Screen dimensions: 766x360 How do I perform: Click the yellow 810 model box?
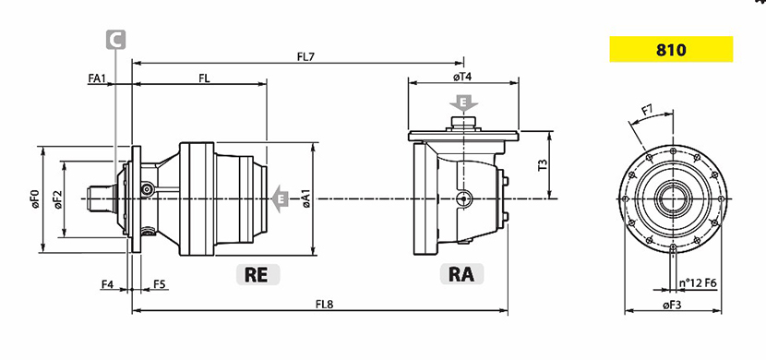671,49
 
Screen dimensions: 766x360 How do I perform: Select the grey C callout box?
115,40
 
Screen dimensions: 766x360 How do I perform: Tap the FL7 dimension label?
305,56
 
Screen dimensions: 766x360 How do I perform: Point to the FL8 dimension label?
324,304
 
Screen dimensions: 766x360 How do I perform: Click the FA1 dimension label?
97,78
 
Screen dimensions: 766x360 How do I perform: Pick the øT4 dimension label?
461,77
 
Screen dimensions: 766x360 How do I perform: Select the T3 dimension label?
543,165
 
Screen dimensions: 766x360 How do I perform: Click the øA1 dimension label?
306,198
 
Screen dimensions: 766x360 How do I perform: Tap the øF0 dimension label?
35,199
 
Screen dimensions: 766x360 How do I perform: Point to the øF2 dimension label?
58,199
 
